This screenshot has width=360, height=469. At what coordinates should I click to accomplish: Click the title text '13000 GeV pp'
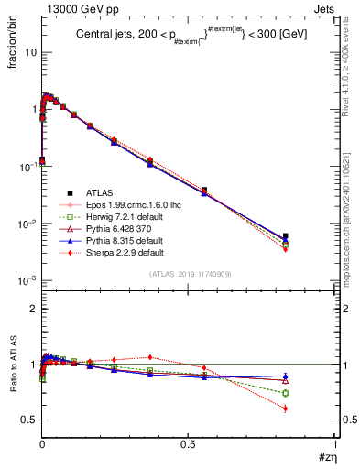[72, 9]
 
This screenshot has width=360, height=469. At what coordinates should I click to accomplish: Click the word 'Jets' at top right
[326, 9]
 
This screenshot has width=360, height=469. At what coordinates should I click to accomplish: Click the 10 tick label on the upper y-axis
[30, 52]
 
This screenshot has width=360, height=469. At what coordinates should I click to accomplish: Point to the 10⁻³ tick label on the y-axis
[28, 280]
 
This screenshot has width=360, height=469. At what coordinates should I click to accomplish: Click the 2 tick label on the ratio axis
[33, 309]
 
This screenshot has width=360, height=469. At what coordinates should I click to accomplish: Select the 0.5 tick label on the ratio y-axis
[28, 420]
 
